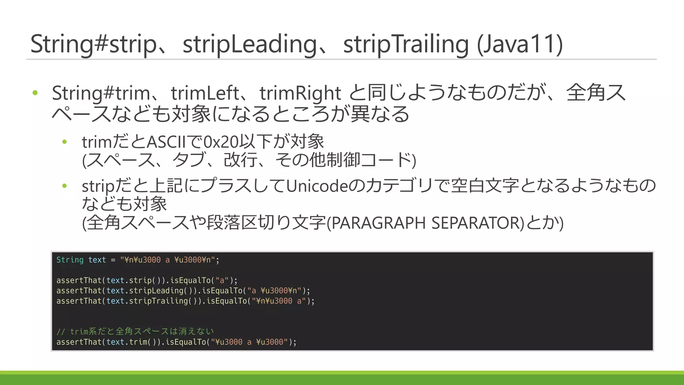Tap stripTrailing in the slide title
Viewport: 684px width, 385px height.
point(406,44)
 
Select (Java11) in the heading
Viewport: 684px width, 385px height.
point(520,44)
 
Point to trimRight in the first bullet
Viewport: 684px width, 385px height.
point(300,93)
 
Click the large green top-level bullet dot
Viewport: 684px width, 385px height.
point(35,93)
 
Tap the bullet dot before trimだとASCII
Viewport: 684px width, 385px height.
point(65,142)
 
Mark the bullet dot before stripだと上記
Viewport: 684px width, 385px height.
point(65,186)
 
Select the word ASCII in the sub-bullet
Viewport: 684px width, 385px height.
point(166,142)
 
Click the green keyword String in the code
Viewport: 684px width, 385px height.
point(70,260)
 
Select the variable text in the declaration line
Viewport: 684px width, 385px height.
point(97,260)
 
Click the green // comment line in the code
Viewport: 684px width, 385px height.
point(135,332)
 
